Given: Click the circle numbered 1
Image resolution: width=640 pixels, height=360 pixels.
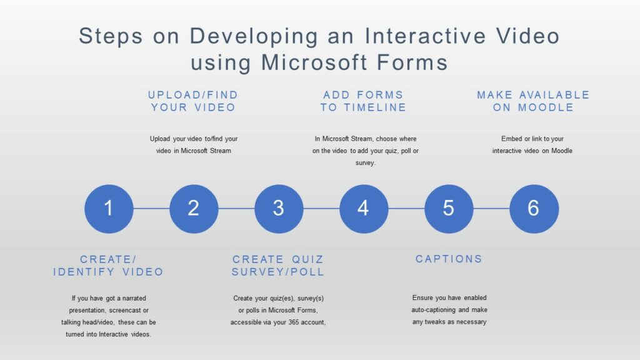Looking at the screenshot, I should (109, 208).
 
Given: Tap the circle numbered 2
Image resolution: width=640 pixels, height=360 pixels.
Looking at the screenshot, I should (194, 208).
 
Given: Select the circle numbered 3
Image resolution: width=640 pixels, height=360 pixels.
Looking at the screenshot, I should (279, 208).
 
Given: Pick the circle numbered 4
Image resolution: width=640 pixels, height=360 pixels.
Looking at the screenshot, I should (364, 208).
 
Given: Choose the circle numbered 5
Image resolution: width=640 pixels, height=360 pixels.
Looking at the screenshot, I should (449, 208).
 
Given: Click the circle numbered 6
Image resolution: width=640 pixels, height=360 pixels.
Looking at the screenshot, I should (534, 208).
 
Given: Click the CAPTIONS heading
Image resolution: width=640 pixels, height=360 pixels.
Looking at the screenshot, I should (449, 259).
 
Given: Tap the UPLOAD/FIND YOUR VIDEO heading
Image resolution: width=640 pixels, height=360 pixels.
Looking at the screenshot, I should (193, 101).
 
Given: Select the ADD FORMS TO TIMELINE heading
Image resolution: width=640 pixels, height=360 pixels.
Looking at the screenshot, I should (363, 101).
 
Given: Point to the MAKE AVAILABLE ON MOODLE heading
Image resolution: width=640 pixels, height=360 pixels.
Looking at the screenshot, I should (533, 101).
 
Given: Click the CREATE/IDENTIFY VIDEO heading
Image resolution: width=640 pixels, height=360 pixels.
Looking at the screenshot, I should (108, 266).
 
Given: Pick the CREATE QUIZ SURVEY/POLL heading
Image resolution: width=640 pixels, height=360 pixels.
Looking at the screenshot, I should (278, 266).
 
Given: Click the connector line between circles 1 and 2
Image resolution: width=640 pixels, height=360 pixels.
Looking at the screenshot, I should (151, 208).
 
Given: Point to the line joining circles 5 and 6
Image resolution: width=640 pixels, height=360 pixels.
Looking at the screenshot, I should (491, 208).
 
